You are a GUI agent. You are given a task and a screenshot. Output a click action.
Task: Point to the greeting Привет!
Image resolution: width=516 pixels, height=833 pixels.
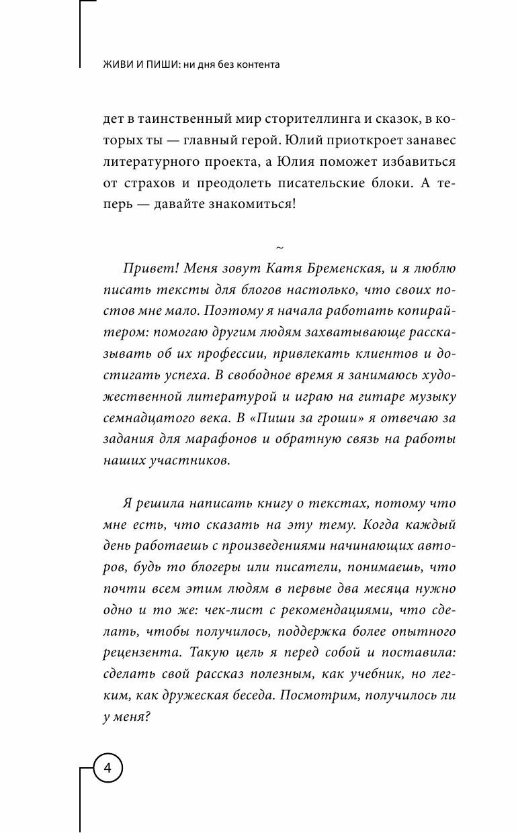coord(146,270)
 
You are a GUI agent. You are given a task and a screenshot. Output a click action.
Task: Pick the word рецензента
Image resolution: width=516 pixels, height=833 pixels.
coord(141,653)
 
